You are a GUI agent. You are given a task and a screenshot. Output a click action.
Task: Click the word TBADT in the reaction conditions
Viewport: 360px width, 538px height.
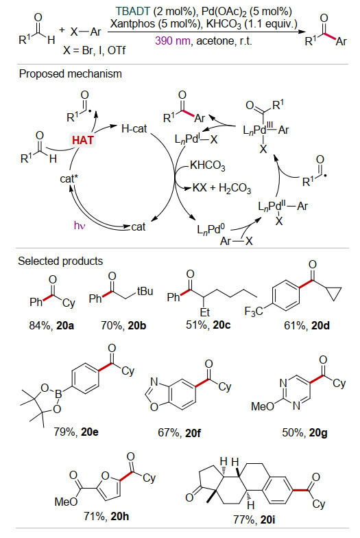pyautogui.click(x=132, y=11)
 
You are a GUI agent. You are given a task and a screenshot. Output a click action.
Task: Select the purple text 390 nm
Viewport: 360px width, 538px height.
pyautogui.click(x=173, y=41)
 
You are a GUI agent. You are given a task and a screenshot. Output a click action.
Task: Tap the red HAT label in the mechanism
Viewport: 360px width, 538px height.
pyautogui.click(x=82, y=140)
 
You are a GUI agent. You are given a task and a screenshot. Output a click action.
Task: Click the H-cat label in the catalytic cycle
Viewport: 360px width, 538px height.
pyautogui.click(x=134, y=129)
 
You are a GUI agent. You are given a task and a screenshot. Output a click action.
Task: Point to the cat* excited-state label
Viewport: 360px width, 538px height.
pyautogui.click(x=69, y=178)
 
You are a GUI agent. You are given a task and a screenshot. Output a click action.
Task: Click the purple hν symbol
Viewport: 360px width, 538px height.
pyautogui.click(x=80, y=225)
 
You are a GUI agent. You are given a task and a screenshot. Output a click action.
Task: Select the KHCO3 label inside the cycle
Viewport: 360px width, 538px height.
pyautogui.click(x=207, y=166)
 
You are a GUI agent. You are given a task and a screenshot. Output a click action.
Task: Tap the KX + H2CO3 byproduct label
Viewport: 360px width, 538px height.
pyautogui.click(x=222, y=188)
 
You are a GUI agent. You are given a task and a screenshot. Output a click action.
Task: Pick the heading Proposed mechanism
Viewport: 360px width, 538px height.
pyautogui.click(x=70, y=74)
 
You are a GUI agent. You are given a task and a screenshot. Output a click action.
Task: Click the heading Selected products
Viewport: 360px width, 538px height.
pyautogui.click(x=60, y=261)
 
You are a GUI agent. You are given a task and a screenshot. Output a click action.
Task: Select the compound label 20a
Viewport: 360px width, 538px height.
pyautogui.click(x=65, y=325)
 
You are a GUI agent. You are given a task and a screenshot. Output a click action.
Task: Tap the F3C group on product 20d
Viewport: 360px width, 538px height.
pyautogui.click(x=254, y=312)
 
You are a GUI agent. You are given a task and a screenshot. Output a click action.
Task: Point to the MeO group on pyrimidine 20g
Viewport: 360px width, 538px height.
pyautogui.click(x=263, y=406)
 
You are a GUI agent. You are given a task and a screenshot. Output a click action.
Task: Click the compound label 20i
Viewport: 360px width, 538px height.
pyautogui.click(x=267, y=519)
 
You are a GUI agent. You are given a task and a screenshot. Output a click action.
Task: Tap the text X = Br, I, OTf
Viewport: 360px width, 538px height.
pyautogui.click(x=95, y=51)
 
